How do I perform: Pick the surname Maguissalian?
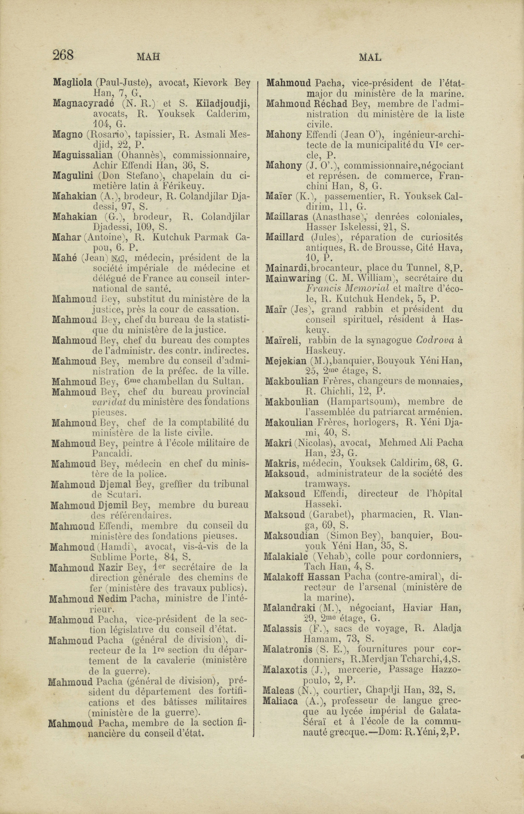tap(83, 155)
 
